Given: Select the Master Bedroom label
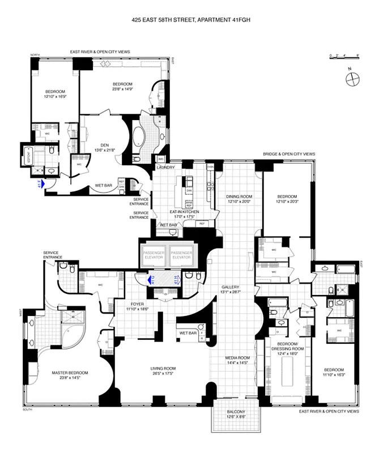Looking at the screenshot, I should coord(70,375).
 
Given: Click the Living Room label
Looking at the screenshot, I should coord(165,371).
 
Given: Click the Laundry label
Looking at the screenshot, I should coord(166,168).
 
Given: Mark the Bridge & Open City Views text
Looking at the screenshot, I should coord(288,154).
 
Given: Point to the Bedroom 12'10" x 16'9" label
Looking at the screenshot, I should coord(55,94).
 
